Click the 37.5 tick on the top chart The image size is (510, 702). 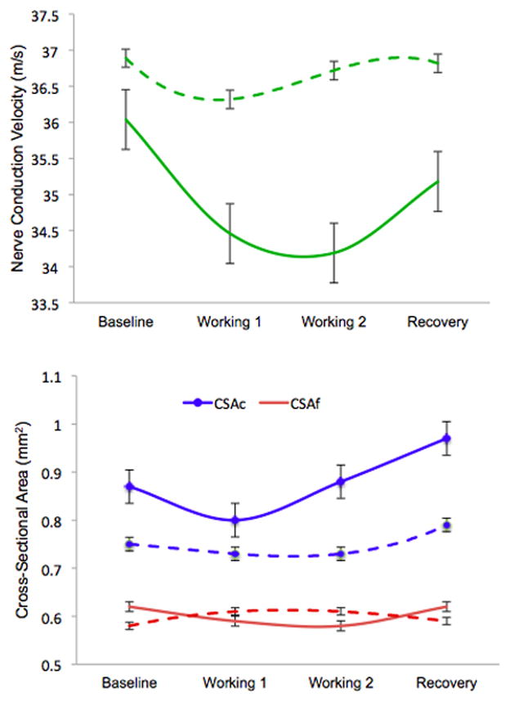58,15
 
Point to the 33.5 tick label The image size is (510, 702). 58,304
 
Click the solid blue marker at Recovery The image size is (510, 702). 446,439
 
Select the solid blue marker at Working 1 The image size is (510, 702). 235,520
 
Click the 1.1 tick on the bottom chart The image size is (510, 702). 65,377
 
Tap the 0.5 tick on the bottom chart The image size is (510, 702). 64,664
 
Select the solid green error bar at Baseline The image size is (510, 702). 125,119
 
